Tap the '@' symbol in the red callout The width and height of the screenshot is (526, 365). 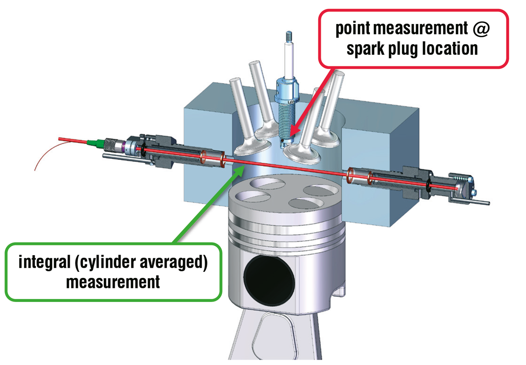tap(480, 29)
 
